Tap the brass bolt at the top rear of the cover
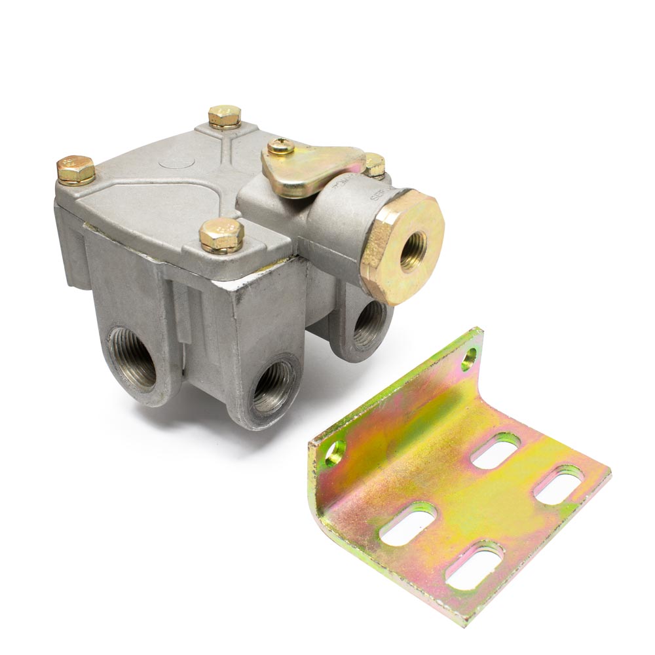click(225, 116)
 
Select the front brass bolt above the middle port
click(221, 234)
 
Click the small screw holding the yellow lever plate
click(281, 146)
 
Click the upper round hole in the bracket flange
click(468, 357)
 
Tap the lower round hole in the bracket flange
click(335, 451)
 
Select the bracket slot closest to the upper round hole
click(496, 451)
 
